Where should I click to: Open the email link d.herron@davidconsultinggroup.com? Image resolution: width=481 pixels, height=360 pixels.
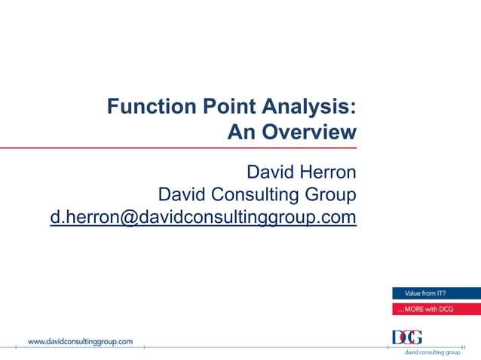click(203, 218)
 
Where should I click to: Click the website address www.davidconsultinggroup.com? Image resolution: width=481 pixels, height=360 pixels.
click(81, 341)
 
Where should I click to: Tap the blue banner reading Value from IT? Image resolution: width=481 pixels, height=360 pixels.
click(436, 294)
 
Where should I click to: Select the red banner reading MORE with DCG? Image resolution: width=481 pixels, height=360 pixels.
click(436, 309)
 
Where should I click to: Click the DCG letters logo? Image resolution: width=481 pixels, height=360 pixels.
click(408, 337)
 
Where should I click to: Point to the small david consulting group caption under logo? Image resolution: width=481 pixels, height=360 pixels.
click(432, 352)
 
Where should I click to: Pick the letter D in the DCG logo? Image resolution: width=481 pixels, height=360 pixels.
click(397, 337)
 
